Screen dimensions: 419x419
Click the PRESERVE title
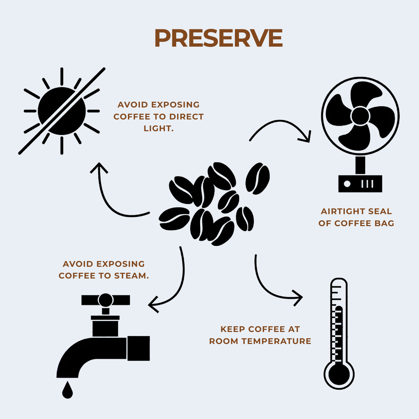219,38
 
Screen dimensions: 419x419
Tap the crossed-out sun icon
62,111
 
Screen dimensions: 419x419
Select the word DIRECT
187,117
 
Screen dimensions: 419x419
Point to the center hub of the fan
360,116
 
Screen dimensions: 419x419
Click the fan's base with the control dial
360,184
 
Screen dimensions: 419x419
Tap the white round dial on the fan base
347,184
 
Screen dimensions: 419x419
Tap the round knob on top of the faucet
106,300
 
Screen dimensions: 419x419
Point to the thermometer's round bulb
339,374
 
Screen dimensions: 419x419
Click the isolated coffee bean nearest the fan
258,178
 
